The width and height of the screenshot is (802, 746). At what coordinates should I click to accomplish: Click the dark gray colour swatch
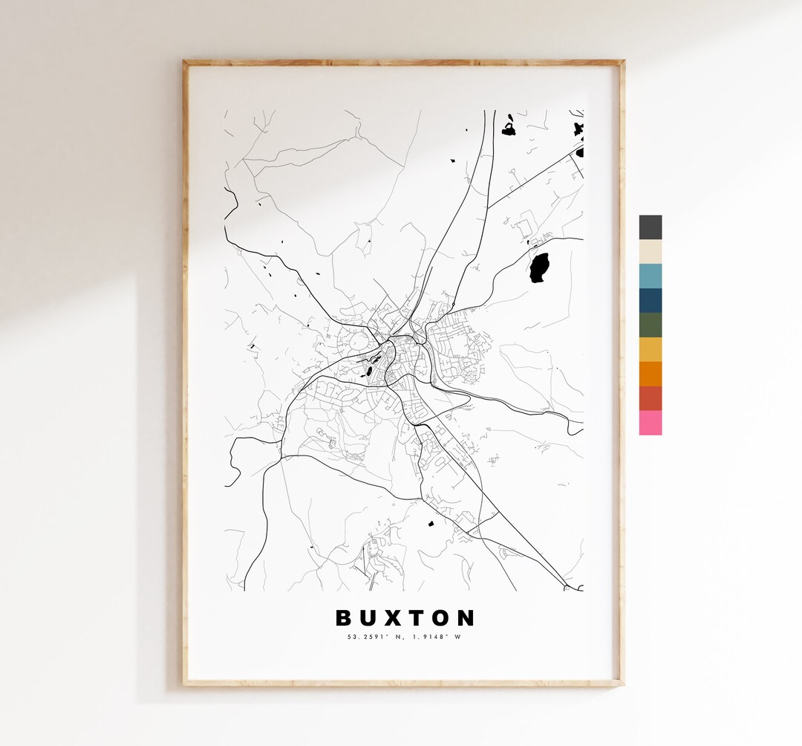(650, 227)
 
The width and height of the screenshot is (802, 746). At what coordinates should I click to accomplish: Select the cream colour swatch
(650, 252)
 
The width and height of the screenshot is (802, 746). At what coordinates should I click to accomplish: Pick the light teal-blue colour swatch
(650, 276)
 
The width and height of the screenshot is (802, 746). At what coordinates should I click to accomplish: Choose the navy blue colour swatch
(650, 300)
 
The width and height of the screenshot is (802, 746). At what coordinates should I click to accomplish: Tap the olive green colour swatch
(650, 325)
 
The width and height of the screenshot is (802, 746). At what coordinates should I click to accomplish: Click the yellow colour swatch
(650, 349)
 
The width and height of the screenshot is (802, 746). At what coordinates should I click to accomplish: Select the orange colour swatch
(650, 374)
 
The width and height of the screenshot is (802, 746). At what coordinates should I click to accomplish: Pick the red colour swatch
(650, 398)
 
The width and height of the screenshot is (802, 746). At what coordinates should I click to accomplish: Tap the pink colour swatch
(650, 423)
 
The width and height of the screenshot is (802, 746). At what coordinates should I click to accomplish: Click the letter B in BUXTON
(344, 618)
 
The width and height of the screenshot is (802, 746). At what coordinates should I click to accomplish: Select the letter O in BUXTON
(443, 618)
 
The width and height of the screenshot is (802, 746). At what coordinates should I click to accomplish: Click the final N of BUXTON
(466, 618)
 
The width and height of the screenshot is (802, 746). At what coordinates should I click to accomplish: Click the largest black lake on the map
(539, 268)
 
